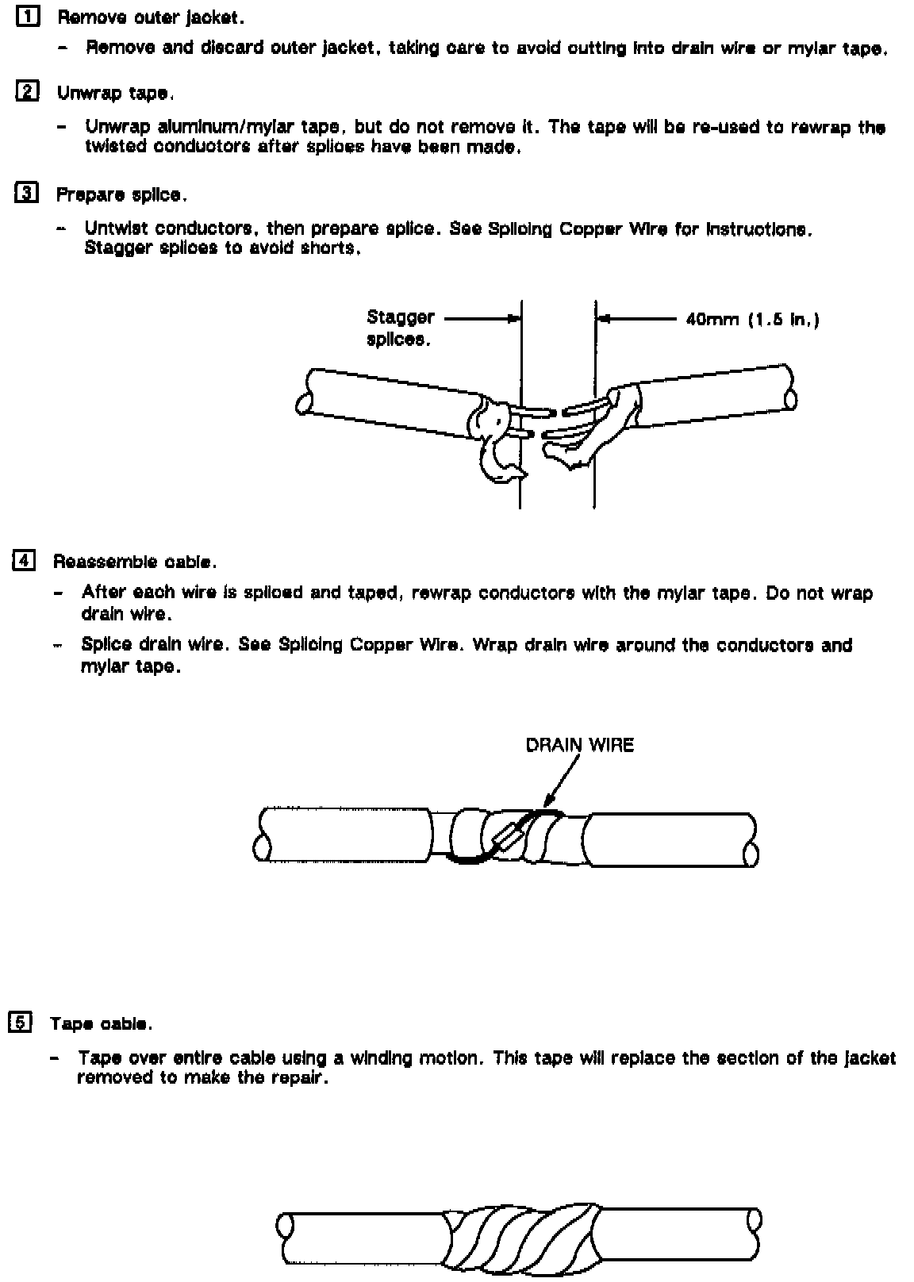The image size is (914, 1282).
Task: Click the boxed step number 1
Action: [28, 17]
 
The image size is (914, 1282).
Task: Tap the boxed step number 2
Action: [26, 92]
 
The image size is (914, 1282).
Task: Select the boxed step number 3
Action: [26, 193]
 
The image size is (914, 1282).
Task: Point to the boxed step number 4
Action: [24, 560]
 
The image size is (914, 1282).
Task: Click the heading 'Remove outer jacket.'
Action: [150, 17]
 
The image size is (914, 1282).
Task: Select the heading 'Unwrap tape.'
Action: [115, 93]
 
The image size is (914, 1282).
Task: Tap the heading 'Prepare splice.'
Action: [121, 194]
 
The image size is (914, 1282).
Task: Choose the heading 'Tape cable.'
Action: [101, 1023]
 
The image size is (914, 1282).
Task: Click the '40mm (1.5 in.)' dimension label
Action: [752, 320]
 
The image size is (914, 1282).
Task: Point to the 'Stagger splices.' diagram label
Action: [400, 328]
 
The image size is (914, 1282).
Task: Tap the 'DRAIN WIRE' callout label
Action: [580, 745]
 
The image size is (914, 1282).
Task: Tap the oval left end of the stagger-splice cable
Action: [302, 404]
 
